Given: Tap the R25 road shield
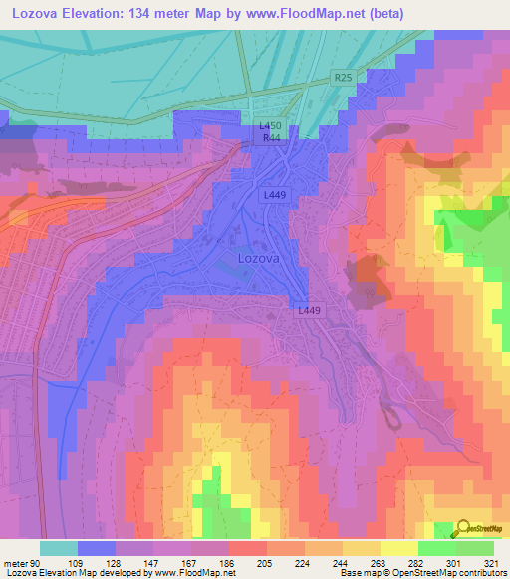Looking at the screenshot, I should click(x=344, y=77).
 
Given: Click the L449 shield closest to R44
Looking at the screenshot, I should click(x=276, y=195).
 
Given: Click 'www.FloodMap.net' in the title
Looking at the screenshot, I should click(x=296, y=13).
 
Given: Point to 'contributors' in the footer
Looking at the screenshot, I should click(x=479, y=573).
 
